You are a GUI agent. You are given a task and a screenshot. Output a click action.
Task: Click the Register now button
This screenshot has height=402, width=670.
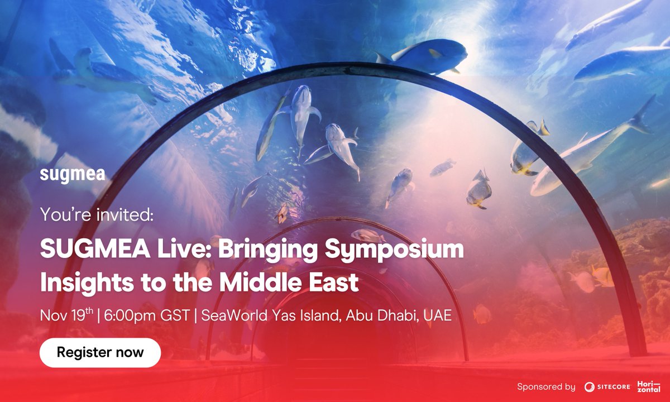(x=100, y=352)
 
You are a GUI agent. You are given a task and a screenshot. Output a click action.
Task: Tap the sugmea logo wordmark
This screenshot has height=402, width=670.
(x=73, y=175)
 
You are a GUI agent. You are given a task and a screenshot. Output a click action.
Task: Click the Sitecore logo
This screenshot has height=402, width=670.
(x=607, y=386)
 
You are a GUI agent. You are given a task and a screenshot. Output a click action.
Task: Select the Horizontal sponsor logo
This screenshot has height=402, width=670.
(x=649, y=386)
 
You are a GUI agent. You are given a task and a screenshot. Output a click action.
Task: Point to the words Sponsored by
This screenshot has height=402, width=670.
(x=546, y=386)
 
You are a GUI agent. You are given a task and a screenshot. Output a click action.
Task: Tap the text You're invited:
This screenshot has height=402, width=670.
(x=97, y=214)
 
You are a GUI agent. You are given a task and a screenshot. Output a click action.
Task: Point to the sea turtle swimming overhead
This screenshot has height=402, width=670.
(x=100, y=73)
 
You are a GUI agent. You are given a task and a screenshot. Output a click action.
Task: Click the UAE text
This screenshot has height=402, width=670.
(x=438, y=316)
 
